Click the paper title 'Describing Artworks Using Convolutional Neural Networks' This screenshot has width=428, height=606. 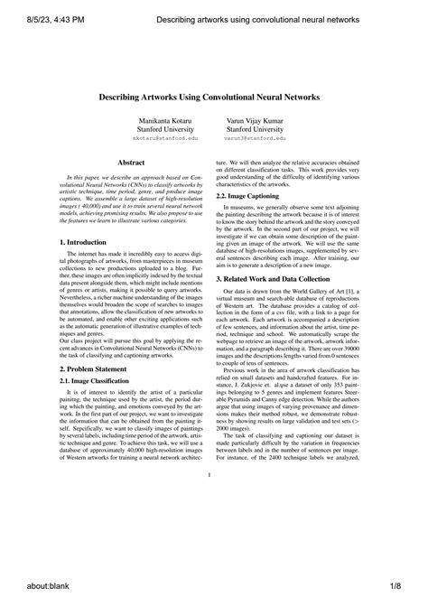tap(213, 95)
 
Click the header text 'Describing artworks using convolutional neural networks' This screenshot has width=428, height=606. tap(256, 17)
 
